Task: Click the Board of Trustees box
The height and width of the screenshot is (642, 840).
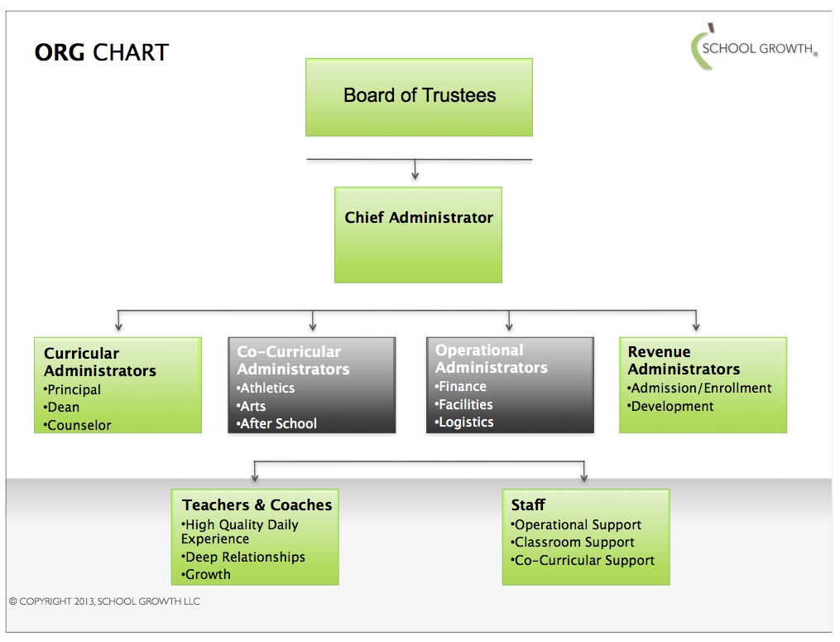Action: [419, 96]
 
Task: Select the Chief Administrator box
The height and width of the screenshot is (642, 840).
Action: [418, 234]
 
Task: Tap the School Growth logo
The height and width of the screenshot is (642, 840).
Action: [753, 49]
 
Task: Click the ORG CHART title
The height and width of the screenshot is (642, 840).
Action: [101, 53]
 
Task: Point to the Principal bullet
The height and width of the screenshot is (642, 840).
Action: [73, 389]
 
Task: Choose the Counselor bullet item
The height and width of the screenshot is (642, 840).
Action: [78, 425]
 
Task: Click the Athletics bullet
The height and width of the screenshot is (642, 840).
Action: [266, 388]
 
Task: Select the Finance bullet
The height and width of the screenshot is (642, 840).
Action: [461, 386]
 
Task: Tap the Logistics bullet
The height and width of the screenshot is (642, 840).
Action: [464, 422]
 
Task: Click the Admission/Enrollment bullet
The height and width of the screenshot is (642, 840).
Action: [699, 388]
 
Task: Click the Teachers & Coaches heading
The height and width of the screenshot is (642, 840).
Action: [257, 504]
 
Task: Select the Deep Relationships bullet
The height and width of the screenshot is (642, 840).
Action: [243, 557]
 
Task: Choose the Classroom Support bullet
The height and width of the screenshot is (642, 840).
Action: [573, 542]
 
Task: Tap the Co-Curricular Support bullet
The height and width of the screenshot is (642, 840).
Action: [583, 560]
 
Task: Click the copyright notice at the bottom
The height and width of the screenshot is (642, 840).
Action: [104, 601]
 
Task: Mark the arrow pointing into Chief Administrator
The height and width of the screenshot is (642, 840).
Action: [415, 174]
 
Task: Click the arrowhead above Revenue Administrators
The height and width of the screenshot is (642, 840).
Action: [696, 326]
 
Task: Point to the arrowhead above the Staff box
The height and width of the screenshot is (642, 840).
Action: [584, 477]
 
